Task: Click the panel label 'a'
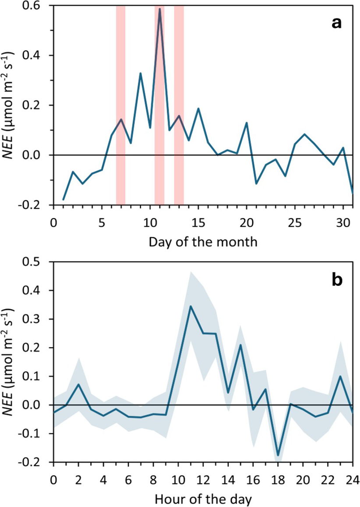[x=336, y=23]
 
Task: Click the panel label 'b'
[x=336, y=279]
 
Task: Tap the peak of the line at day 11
[x=160, y=9]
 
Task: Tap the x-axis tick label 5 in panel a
[x=102, y=222]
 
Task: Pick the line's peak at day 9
[x=141, y=73]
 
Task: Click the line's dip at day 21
[x=256, y=183]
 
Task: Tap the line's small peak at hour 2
[x=78, y=384]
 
